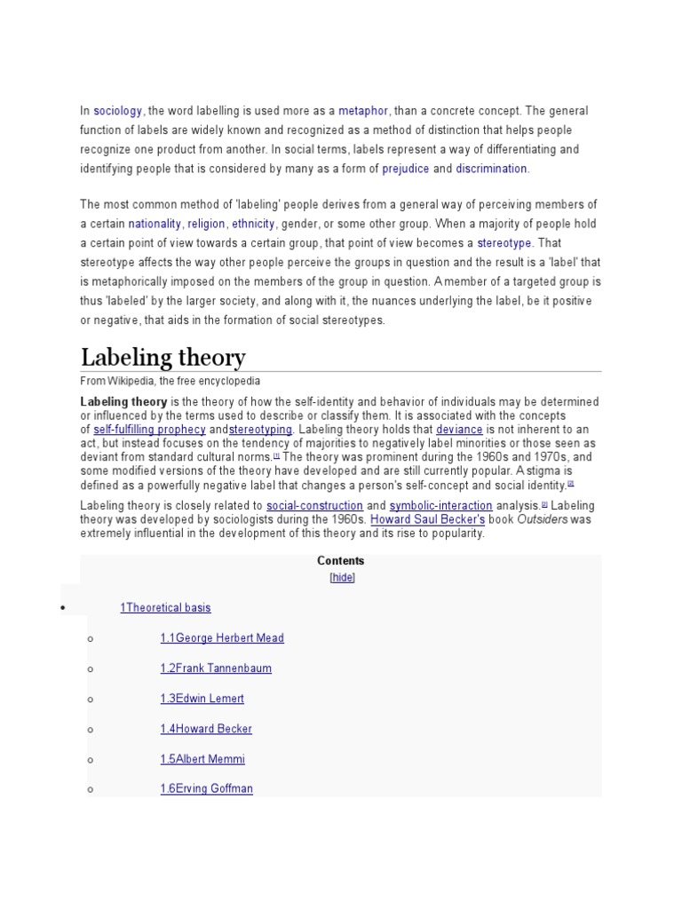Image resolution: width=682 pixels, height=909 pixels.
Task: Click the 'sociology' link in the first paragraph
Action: click(118, 111)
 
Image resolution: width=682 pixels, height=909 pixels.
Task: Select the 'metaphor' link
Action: click(363, 111)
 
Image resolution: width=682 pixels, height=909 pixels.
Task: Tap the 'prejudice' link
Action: click(406, 169)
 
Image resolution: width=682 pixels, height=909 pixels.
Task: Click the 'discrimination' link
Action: click(492, 169)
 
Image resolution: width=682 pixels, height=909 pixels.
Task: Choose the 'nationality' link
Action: click(155, 224)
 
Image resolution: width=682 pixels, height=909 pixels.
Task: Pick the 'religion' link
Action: click(206, 224)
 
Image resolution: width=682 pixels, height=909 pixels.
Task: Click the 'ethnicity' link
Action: click(254, 224)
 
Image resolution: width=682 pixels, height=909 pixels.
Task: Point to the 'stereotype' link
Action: click(504, 243)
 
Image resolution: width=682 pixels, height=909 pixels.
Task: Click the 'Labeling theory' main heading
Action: click(163, 358)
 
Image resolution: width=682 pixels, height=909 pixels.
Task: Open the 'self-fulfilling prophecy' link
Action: click(149, 429)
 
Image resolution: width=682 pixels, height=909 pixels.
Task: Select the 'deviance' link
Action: click(459, 429)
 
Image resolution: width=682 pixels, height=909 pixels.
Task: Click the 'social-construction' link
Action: click(314, 506)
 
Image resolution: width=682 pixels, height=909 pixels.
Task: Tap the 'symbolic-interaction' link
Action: click(440, 506)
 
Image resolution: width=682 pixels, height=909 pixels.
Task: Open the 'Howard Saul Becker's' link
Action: click(427, 519)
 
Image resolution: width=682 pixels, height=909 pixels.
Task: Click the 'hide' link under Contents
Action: click(342, 577)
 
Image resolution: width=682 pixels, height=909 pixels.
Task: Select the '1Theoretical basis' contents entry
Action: click(165, 608)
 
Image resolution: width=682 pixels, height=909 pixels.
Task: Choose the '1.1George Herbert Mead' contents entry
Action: click(222, 638)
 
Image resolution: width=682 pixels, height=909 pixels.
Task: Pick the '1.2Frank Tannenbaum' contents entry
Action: click(216, 668)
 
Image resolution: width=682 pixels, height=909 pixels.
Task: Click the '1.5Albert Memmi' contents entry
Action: click(202, 759)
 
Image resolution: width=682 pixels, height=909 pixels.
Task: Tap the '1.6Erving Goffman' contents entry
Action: click(206, 788)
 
